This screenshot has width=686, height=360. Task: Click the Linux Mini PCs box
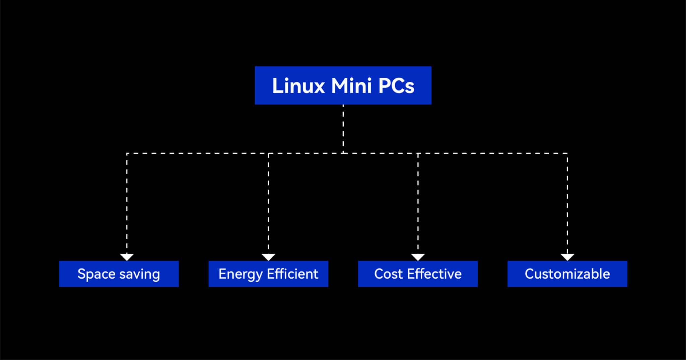pyautogui.click(x=343, y=85)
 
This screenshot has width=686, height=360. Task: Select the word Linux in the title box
pyautogui.click(x=298, y=86)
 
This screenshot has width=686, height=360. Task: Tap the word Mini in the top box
pyautogui.click(x=351, y=86)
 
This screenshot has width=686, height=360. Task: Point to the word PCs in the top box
pyautogui.click(x=396, y=86)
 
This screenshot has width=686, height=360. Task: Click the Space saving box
pyautogui.click(x=119, y=274)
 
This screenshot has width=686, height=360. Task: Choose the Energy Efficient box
pyautogui.click(x=268, y=274)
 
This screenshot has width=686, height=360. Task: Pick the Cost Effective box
pyautogui.click(x=418, y=274)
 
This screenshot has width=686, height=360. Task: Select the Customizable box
pyautogui.click(x=567, y=274)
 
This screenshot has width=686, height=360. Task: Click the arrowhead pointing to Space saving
pyautogui.click(x=127, y=257)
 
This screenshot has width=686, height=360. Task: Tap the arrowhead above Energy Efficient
pyautogui.click(x=268, y=257)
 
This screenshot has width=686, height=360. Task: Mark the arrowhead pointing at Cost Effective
pyautogui.click(x=418, y=257)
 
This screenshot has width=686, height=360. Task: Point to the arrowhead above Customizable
pyautogui.click(x=567, y=257)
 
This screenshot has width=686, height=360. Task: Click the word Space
pyautogui.click(x=96, y=274)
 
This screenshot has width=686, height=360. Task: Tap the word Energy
pyautogui.click(x=241, y=274)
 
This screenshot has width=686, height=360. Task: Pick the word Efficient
pyautogui.click(x=292, y=274)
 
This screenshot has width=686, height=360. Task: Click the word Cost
pyautogui.click(x=388, y=274)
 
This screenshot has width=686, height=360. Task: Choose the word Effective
pyautogui.click(x=434, y=274)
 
